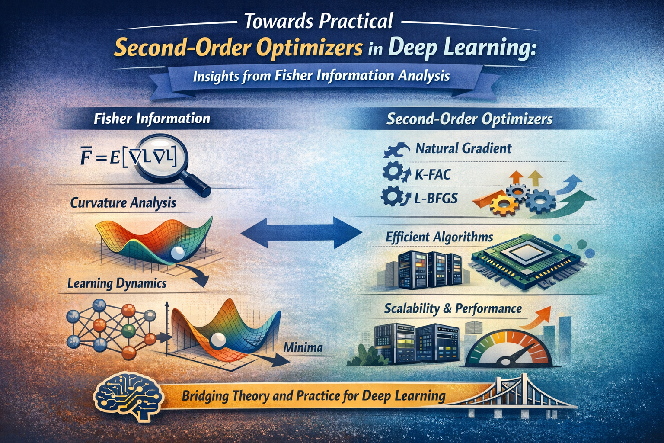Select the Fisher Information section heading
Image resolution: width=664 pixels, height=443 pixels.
[x=152, y=119]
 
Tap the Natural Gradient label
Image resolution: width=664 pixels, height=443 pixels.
[x=463, y=148]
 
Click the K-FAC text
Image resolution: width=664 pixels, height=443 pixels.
[x=432, y=174]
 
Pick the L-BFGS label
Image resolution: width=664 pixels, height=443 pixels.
[x=436, y=198]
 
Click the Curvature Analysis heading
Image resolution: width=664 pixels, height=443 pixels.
[x=123, y=203]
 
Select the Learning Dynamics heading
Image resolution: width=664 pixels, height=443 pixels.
[x=117, y=283]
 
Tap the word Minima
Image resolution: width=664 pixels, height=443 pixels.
[x=303, y=347]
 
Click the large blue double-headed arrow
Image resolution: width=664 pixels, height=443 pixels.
[x=301, y=232]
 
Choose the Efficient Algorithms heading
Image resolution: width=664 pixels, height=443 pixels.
[x=439, y=237]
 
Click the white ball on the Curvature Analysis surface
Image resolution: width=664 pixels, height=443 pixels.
[x=178, y=253]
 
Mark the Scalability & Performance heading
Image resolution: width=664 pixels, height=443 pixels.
[x=453, y=309]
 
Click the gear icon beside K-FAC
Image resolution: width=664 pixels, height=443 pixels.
[x=393, y=172]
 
